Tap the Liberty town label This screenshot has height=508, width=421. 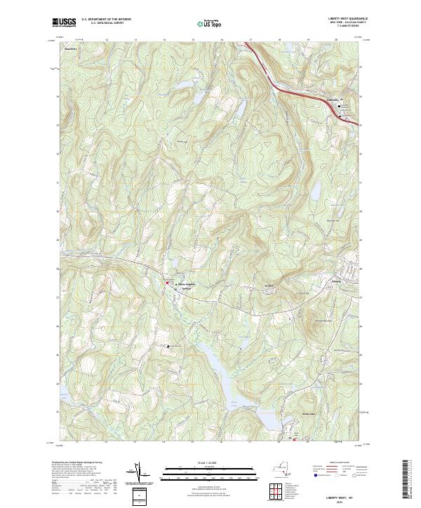pyautogui.click(x=336, y=283)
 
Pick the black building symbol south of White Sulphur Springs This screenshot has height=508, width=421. pyautogui.click(x=168, y=346)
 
